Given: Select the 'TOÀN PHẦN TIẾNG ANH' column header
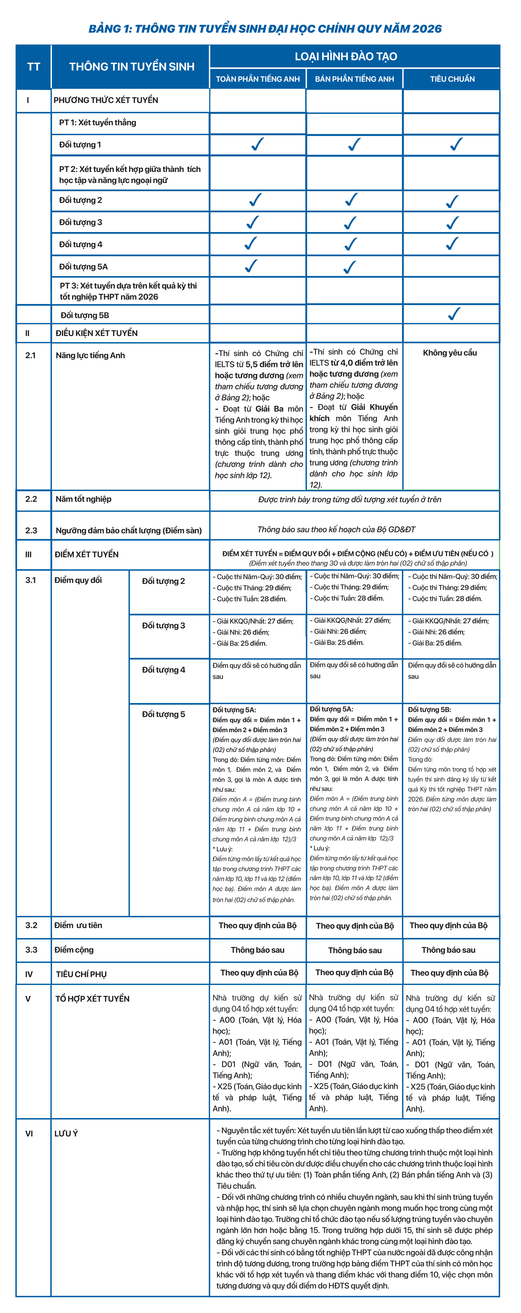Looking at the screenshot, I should [x=258, y=79].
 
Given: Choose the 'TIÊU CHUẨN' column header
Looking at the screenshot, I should [x=452, y=79].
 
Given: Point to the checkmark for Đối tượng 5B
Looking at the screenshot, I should [x=454, y=314].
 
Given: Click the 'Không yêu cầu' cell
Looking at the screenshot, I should [x=450, y=353].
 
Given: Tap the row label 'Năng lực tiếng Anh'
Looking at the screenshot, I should [x=90, y=355].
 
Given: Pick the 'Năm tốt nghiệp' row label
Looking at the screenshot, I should [x=83, y=499].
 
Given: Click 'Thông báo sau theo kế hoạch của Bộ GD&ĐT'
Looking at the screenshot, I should [x=336, y=530].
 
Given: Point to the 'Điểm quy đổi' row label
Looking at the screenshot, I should [x=78, y=580].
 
